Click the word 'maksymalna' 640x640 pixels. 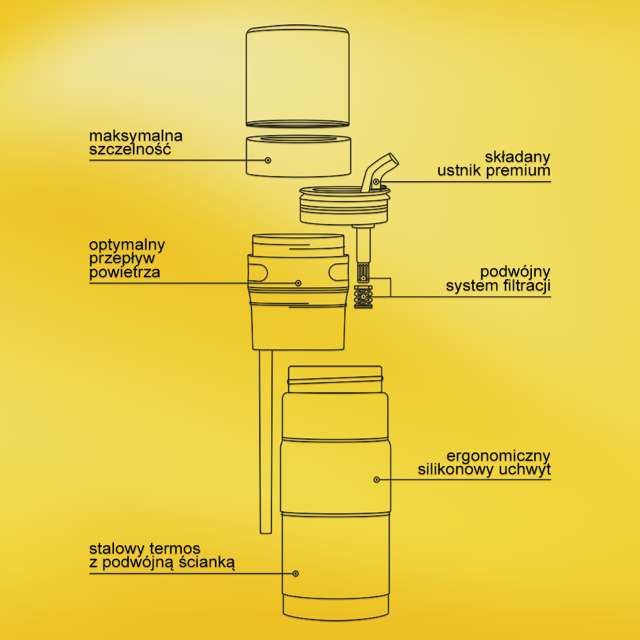[x=136, y=136]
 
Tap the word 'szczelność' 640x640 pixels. [x=130, y=149]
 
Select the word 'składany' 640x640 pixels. [x=518, y=157]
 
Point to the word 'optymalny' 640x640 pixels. [x=127, y=245]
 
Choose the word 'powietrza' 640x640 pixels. [x=125, y=272]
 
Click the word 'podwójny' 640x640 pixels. [x=515, y=272]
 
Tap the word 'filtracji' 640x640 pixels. [x=527, y=285]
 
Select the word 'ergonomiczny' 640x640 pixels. [x=499, y=456]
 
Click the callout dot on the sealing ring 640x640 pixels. [x=268, y=160]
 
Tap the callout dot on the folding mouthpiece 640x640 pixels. [x=376, y=181]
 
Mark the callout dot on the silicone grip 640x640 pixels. [x=377, y=479]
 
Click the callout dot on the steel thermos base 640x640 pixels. [x=296, y=573]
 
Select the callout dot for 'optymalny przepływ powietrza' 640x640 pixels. [x=298, y=283]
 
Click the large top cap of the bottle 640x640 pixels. [x=298, y=76]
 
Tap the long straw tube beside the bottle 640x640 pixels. [x=266, y=441]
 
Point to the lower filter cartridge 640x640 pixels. [x=363, y=296]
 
